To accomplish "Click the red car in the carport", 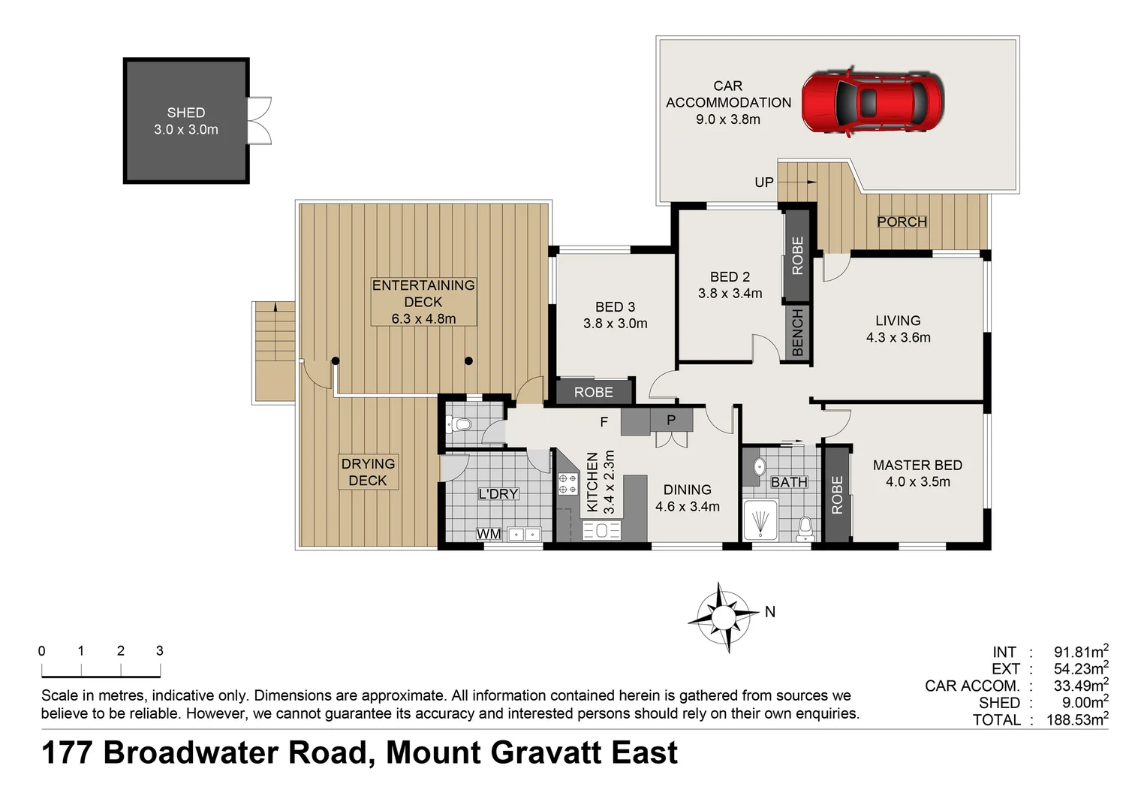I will pos(872,102).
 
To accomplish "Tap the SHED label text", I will pos(186,113).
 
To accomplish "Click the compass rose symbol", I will pos(724,617).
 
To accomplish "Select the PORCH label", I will pos(902,222).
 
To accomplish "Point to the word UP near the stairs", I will pos(763,182).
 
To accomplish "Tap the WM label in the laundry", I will pos(489,534).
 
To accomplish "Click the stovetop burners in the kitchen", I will pos(567,484).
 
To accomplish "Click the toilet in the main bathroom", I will pos(805,528).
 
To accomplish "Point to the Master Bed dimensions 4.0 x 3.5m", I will pos(917,482).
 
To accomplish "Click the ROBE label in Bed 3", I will pos(593,392).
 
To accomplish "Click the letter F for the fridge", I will pos(604,422).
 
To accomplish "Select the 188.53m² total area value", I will pos(1076,720).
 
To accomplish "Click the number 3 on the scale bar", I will pos(159,651).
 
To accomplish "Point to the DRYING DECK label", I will pos(368,472).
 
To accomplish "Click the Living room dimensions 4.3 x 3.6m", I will pos(898,338).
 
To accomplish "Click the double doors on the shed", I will pos(260,120).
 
